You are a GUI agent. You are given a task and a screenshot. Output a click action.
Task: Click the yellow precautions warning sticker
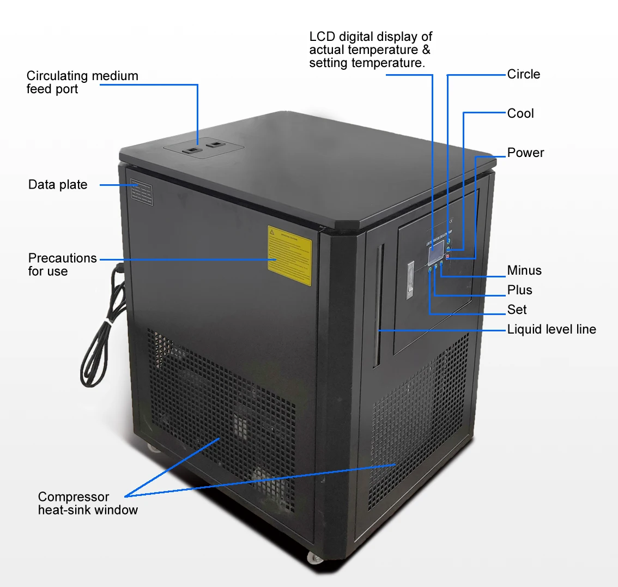289,255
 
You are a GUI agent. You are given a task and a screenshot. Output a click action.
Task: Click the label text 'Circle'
523,74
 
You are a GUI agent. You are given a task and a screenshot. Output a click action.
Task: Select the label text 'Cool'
520,113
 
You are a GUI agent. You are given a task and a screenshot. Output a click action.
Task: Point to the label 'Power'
525,153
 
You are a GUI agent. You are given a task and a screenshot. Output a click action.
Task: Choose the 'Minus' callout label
524,270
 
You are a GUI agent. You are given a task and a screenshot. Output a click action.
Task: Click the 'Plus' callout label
519,290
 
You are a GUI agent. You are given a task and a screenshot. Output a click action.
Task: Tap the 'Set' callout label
517,310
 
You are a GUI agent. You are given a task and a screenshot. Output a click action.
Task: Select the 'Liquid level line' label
552,329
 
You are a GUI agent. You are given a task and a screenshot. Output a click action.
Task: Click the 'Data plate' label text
58,185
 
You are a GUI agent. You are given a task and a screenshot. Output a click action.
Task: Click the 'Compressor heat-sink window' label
88,503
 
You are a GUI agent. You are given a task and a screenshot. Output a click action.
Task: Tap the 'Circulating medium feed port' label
82,82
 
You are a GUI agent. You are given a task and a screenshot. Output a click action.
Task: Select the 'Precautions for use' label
62,264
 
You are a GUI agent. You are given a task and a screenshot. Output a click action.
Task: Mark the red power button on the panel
448,257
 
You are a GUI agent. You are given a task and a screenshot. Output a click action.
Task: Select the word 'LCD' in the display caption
322,37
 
